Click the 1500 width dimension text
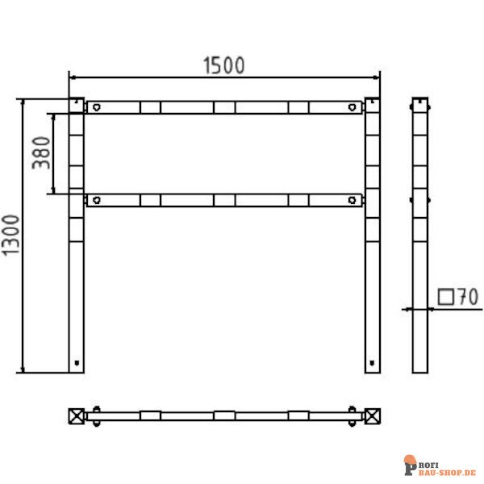pos(223,65)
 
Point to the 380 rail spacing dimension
pos(40,153)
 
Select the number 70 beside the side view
pos(467,297)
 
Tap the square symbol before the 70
pos(445,297)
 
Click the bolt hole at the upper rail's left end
pos(95,106)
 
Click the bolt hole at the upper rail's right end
pos(353,106)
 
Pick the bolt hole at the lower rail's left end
pos(95,201)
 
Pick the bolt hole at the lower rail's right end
pos(353,201)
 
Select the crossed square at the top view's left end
pos(76,416)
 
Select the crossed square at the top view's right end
pos(373,416)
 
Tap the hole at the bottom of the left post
pos(77,362)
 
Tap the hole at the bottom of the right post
pos(372,362)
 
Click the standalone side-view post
pos(420,235)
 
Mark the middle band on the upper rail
pos(225,106)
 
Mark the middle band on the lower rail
pos(225,201)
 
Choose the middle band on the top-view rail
pos(225,416)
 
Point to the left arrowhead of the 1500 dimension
pos(73,77)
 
